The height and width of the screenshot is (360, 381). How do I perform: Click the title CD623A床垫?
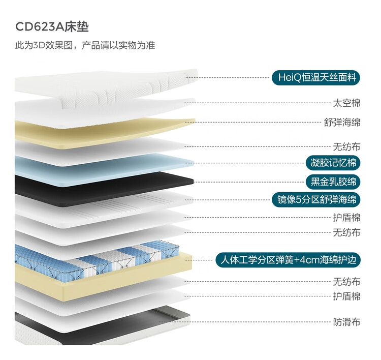[x=52, y=27]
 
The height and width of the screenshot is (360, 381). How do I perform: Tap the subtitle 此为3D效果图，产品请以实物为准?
[x=85, y=45]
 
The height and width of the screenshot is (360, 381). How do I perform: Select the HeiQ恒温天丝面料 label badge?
[x=315, y=78]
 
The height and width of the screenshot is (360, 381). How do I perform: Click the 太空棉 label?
[x=346, y=103]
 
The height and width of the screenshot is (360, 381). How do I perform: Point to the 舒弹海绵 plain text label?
[x=342, y=122]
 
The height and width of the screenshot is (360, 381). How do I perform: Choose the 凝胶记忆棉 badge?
[x=333, y=163]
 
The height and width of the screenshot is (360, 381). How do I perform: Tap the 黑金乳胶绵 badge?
[x=333, y=182]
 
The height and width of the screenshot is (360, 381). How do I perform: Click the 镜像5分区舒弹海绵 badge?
[x=316, y=200]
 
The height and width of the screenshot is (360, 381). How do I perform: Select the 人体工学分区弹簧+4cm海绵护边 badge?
[x=288, y=260]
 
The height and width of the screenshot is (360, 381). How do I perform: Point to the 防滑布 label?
[x=346, y=322]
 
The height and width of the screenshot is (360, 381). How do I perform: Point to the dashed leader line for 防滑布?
[x=245, y=322]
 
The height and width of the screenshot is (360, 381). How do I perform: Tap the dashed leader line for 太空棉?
[x=258, y=103]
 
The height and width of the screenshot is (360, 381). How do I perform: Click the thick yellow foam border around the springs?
[x=102, y=280]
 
